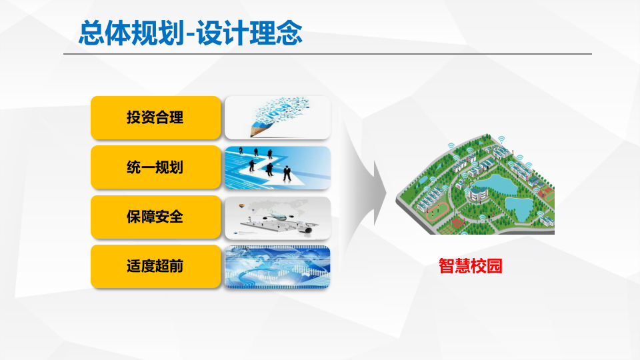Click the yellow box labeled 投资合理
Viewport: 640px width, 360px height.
(x=155, y=118)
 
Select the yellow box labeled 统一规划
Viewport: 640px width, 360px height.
(x=155, y=167)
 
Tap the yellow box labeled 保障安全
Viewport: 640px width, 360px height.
(x=155, y=217)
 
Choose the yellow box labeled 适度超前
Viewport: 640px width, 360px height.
(x=155, y=266)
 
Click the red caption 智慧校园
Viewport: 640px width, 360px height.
(x=470, y=266)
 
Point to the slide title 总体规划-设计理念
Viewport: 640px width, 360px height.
(x=191, y=33)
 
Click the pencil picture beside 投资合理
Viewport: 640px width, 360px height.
(x=277, y=118)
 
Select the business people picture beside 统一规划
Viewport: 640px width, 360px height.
(x=277, y=167)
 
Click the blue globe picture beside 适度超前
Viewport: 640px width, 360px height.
(x=277, y=266)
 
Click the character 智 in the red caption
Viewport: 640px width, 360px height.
(x=446, y=266)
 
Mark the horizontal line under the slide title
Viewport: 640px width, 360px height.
(x=327, y=54)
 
